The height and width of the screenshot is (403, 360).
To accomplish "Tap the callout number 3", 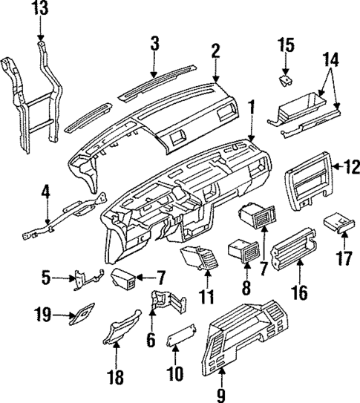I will (x=154, y=43).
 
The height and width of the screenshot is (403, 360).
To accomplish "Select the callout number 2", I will (x=215, y=50).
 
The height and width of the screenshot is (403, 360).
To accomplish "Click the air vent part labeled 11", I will (x=199, y=261).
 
